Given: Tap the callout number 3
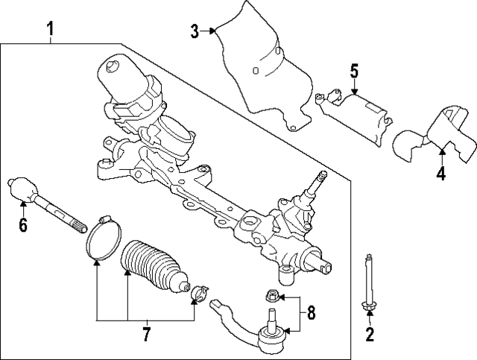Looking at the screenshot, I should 195,31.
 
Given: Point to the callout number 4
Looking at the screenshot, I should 441,174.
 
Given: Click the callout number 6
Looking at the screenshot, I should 23,224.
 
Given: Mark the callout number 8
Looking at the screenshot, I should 312,313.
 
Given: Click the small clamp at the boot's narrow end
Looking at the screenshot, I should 199,293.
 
